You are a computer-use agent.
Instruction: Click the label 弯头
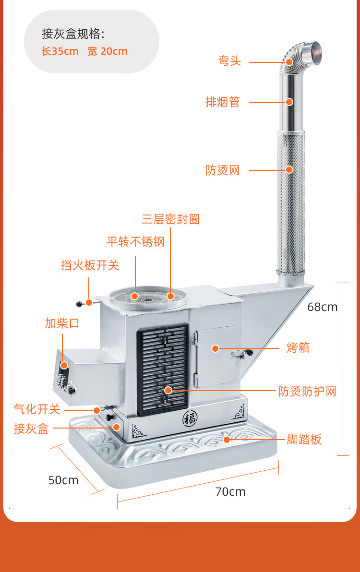pos(229,60)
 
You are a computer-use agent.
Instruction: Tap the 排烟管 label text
pos(223,102)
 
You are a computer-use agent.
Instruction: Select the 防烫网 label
pos(223,170)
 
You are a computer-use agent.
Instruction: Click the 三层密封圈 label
pos(171,219)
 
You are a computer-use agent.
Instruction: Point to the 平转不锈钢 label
pos(136,241)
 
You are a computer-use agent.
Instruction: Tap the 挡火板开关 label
pos(90,265)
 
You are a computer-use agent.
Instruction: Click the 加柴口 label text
pos(62,323)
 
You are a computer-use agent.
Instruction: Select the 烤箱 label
pos(298,347)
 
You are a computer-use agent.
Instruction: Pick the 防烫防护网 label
pos(308,392)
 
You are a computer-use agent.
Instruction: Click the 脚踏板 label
pos(304,439)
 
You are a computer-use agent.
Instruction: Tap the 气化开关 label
pos(37,409)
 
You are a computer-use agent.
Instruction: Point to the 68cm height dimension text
pos(323,307)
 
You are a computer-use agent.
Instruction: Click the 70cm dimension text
pos(230,492)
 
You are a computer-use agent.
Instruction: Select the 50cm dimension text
pos(63,480)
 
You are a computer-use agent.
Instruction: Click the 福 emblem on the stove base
pos(190,418)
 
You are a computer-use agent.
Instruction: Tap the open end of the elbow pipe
pos(315,51)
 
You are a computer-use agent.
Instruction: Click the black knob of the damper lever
pos(79,304)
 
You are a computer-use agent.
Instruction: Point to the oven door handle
pos(243,353)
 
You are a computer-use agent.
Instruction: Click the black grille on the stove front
pos(163,369)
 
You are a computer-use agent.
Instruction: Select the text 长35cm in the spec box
pos(60,51)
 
